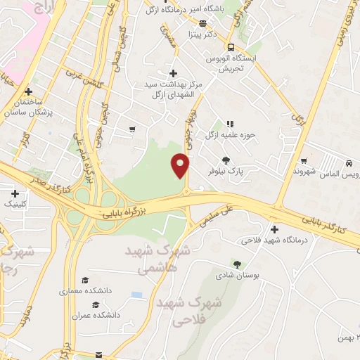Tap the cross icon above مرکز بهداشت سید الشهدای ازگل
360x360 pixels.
(x=173, y=73)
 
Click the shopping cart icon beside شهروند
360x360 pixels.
(x=303, y=160)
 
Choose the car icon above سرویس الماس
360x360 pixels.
(x=348, y=163)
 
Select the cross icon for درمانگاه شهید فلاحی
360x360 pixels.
(x=274, y=229)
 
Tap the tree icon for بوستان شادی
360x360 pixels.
(x=237, y=264)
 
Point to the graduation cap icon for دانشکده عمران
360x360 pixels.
(x=96, y=304)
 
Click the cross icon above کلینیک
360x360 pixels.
(x=15, y=193)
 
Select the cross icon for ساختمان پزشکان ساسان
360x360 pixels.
(x=28, y=91)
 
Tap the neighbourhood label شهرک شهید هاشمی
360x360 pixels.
(x=156, y=259)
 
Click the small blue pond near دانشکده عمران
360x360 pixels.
(x=136, y=295)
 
